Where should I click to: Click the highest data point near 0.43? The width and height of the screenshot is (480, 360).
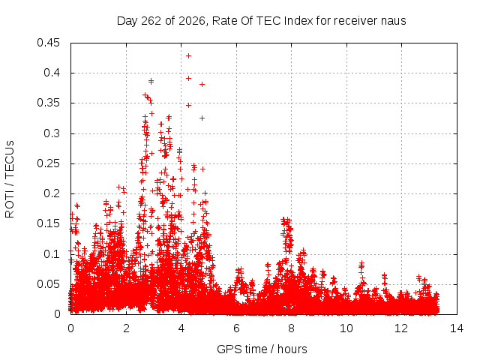188,56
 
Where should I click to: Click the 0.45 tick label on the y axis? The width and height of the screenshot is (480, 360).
48,43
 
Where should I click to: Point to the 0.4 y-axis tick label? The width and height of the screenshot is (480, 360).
52,73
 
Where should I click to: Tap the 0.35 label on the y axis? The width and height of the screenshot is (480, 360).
48,103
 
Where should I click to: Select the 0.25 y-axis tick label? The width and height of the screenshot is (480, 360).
48,163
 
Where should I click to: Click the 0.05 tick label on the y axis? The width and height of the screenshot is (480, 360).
48,284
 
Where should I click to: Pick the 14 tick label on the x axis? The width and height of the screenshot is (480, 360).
457,328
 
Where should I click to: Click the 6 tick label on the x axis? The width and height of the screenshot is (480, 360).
236,328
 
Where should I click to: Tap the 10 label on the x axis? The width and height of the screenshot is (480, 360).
346,328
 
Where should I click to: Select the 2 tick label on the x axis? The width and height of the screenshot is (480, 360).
126,328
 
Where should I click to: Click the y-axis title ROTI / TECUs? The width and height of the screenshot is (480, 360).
10,179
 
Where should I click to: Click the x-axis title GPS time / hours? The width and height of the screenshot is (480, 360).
262,349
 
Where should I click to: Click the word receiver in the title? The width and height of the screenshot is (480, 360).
355,21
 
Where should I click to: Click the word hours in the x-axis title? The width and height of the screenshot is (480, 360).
292,349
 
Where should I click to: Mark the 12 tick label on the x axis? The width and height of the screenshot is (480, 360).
402,328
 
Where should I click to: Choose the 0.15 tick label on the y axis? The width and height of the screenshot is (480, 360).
48,223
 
